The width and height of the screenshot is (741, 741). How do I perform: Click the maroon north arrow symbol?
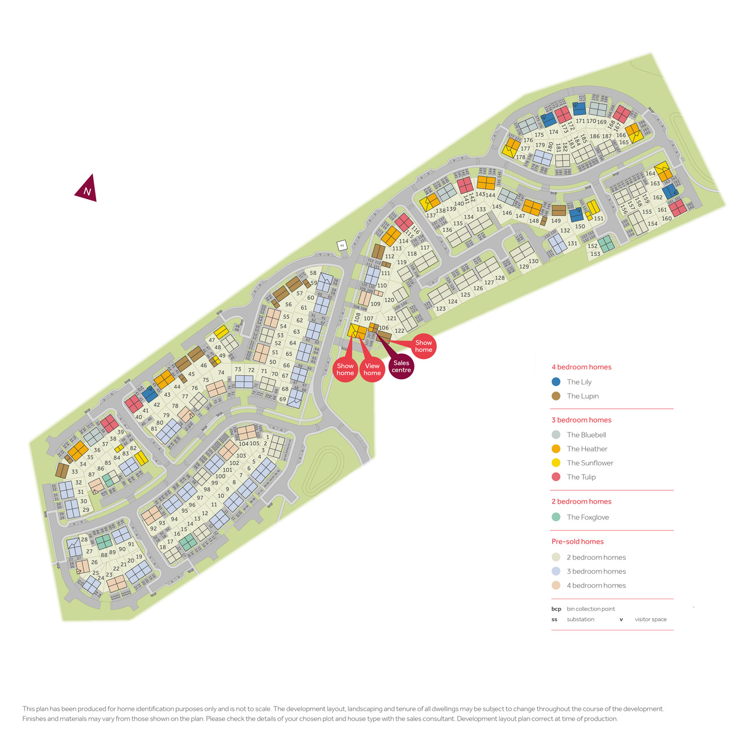click(86, 189)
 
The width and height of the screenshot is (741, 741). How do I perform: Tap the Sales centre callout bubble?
click(401, 366)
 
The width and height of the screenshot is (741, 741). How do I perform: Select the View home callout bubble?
click(372, 369)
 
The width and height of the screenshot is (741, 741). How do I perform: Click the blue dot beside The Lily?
click(556, 382)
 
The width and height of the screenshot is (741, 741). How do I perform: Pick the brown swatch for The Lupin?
click(556, 396)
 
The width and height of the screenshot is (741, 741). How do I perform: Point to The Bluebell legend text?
click(586, 435)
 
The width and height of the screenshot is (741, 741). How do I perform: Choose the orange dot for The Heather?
click(556, 449)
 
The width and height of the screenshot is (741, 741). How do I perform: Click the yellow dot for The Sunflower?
click(556, 463)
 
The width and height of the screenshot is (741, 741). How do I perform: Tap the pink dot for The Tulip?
click(556, 477)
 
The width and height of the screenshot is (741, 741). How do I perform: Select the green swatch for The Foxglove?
click(556, 517)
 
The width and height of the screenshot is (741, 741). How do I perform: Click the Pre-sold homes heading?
click(577, 541)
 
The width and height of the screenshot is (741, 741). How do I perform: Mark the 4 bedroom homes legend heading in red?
click(581, 367)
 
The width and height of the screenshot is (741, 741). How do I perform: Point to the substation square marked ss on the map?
click(342, 245)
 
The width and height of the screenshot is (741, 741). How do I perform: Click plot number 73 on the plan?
click(238, 369)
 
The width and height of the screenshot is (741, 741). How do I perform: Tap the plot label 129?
click(524, 267)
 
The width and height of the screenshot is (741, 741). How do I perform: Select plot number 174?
click(554, 132)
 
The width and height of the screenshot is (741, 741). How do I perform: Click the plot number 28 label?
click(85, 540)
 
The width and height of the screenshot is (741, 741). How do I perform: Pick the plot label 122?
click(399, 331)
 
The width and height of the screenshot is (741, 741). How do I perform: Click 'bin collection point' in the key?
click(590, 609)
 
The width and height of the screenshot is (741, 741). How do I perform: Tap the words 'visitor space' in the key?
click(651, 619)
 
